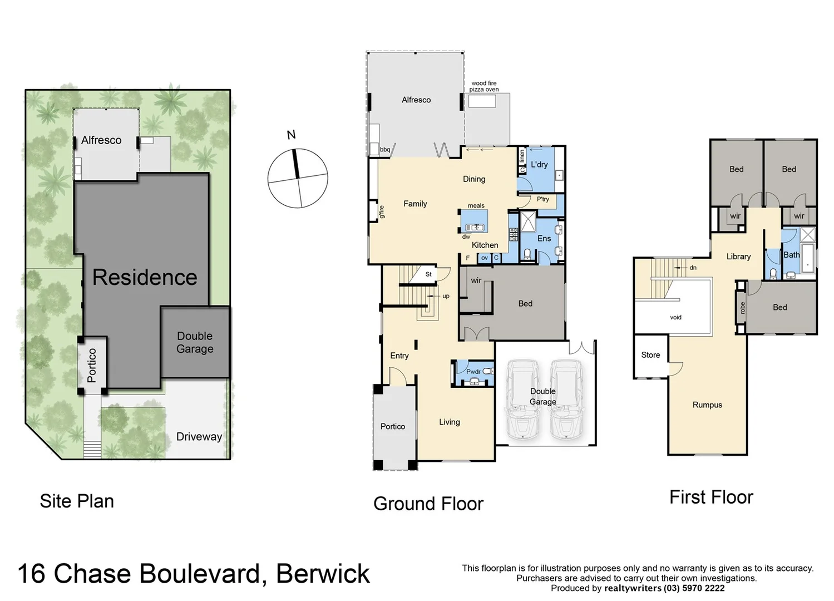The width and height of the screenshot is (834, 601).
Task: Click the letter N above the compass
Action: tap(291, 135)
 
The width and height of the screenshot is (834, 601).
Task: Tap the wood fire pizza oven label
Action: tap(483, 86)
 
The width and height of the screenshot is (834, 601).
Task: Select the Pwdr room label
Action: tap(473, 372)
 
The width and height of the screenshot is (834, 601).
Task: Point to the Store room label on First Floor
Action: tap(650, 355)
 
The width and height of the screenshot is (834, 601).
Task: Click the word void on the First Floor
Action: tap(675, 317)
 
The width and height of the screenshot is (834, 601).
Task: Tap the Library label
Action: tap(738, 257)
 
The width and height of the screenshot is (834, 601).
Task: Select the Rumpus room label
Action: tap(707, 405)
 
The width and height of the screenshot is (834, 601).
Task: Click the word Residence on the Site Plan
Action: tap(145, 277)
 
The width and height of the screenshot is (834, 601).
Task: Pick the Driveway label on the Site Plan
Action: tap(199, 437)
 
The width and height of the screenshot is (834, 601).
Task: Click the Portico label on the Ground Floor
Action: tap(392, 426)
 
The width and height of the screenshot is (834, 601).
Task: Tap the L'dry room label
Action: tap(539, 165)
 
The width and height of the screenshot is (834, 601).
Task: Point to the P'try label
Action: tap(542, 199)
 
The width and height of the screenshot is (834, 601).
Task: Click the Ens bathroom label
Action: tap(544, 239)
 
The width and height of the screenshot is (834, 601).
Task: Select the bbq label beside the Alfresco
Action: tap(385, 150)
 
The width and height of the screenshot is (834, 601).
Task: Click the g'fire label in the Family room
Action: tap(382, 212)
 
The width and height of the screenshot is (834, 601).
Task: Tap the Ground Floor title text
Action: tap(428, 504)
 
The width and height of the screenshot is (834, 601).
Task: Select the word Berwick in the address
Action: tap(323, 574)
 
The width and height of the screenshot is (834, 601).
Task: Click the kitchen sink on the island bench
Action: tap(474, 227)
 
